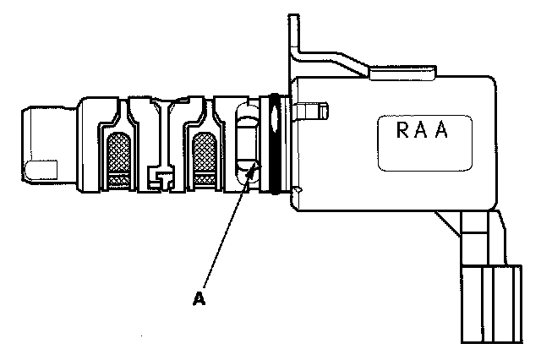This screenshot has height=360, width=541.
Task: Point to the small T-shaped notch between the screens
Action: (161, 176)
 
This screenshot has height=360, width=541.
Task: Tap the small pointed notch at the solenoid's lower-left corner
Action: (298, 193)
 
